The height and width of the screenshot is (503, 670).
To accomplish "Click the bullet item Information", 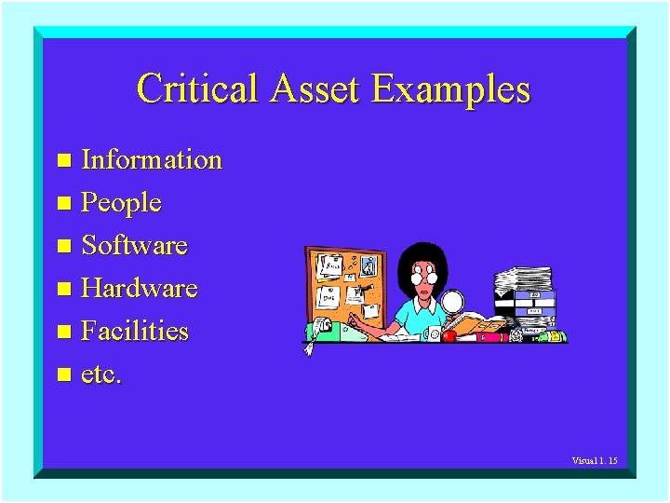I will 152,160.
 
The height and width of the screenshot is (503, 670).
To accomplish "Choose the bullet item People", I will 122,203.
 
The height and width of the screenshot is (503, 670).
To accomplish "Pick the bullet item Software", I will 135,246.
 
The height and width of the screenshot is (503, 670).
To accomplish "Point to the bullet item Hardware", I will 140,289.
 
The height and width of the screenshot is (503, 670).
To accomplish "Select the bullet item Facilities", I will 135,332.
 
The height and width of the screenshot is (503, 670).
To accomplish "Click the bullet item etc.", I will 101,374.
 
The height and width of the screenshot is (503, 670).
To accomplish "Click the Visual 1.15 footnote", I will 595,461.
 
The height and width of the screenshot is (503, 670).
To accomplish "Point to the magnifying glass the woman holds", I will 452,302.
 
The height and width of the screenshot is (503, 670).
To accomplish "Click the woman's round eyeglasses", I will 424,278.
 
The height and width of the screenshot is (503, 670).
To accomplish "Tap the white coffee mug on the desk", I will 435,333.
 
